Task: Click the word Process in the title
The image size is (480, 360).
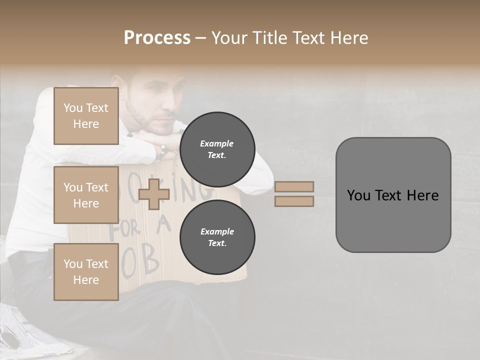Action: coord(157,38)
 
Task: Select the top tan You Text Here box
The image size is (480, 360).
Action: coord(86,116)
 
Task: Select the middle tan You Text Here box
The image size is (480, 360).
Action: coord(86,195)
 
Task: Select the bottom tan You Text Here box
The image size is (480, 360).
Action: coord(86,272)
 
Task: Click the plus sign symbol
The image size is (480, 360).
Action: coord(153,194)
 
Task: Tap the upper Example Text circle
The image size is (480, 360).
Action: coord(217,149)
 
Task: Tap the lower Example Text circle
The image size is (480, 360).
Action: coord(217,237)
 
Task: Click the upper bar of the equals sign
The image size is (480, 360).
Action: coord(294,186)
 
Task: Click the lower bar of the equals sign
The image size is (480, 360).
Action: coord(294,201)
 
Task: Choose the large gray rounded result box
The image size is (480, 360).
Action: coord(393,195)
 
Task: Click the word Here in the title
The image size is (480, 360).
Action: coord(348,38)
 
